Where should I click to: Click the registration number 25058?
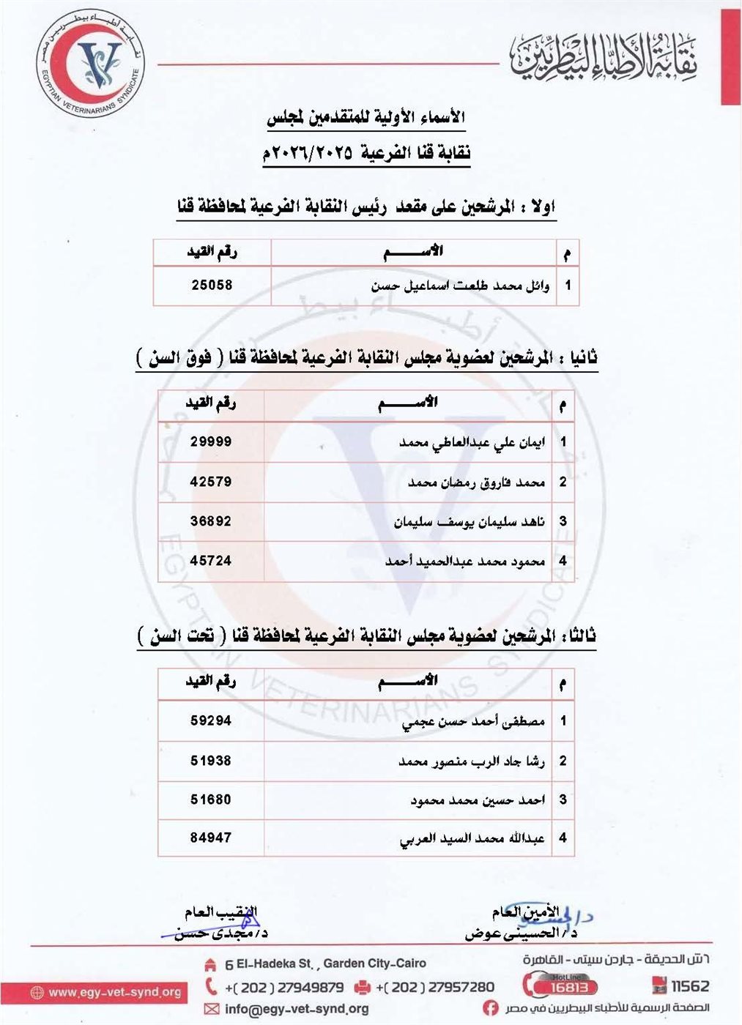(212, 285)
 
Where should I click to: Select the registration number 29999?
(211, 441)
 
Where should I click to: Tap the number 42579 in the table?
(211, 482)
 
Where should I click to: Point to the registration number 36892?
(211, 521)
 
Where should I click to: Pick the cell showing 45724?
(211, 561)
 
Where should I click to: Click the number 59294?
(211, 720)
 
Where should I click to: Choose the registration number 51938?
(211, 761)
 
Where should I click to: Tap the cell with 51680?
(211, 799)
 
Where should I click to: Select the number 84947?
(211, 838)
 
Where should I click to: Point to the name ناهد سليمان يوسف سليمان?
(470, 522)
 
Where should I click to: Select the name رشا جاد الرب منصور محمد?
(472, 761)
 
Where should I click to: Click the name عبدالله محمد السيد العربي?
(472, 838)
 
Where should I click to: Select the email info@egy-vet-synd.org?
(297, 1009)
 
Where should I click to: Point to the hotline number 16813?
(568, 987)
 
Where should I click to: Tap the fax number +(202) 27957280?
(435, 987)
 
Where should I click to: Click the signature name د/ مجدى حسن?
(220, 933)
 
